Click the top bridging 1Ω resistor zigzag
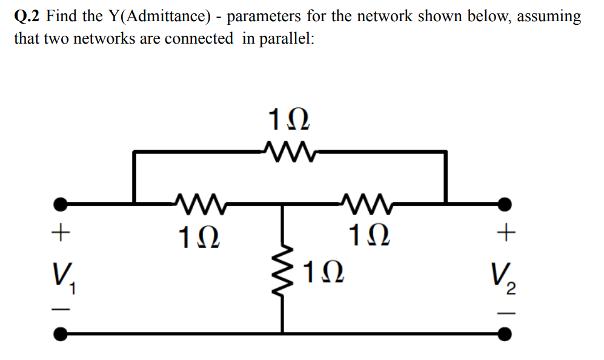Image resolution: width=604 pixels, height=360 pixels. (289, 149)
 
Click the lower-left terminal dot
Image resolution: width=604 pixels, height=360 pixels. (60, 333)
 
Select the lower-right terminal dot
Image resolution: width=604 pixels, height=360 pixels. (504, 333)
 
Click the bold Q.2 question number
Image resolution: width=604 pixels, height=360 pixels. (27, 16)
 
